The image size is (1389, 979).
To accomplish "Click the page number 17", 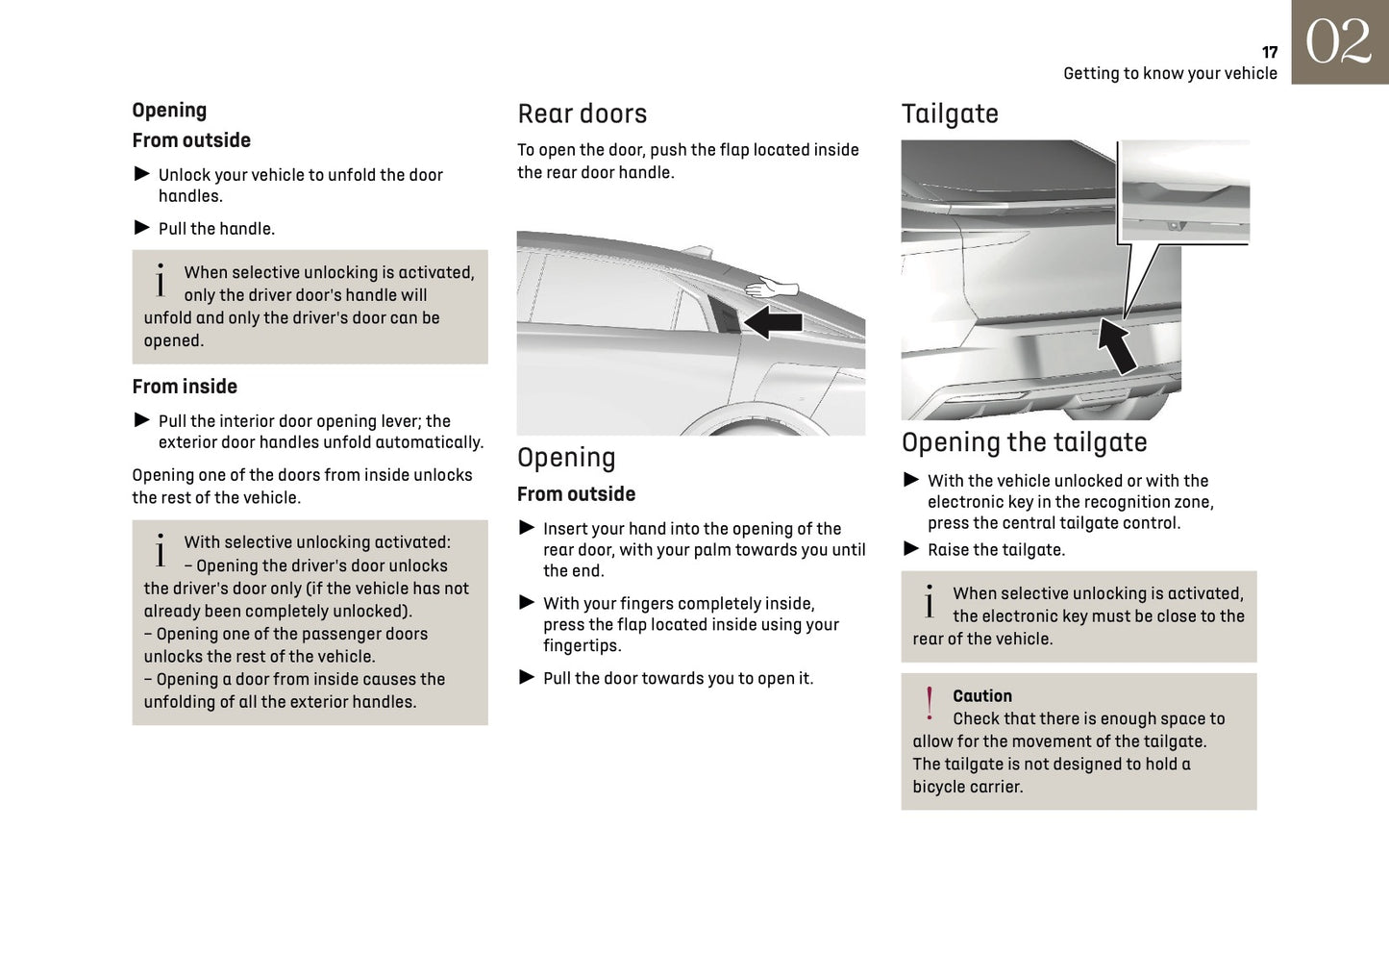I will point(1269,53).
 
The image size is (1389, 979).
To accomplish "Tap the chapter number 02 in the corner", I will point(1338,43).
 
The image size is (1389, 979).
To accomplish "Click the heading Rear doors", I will point(582,114).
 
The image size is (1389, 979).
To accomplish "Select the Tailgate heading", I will point(949,114).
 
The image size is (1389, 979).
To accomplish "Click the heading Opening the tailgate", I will point(1024,442).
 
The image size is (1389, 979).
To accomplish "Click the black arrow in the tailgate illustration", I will point(1117,345).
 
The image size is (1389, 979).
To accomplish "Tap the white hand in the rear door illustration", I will point(773,288).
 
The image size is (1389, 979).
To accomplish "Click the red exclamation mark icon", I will point(929,705).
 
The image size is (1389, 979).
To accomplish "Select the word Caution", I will point(981,696).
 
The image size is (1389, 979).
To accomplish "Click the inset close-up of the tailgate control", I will point(1185,191).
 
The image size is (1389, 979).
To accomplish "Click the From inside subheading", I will point(185,387).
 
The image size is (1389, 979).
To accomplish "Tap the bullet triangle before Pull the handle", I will point(142,228).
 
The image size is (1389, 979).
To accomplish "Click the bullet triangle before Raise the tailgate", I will point(911,549).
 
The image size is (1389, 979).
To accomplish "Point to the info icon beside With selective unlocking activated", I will point(160,550).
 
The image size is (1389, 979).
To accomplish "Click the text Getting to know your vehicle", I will point(1170,74).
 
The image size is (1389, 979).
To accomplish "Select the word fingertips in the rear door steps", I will point(581,646).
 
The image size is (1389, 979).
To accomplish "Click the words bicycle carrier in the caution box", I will point(967,787).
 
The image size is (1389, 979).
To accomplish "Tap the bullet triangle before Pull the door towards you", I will point(527,677).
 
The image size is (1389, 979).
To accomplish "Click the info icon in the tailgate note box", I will point(929,602).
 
